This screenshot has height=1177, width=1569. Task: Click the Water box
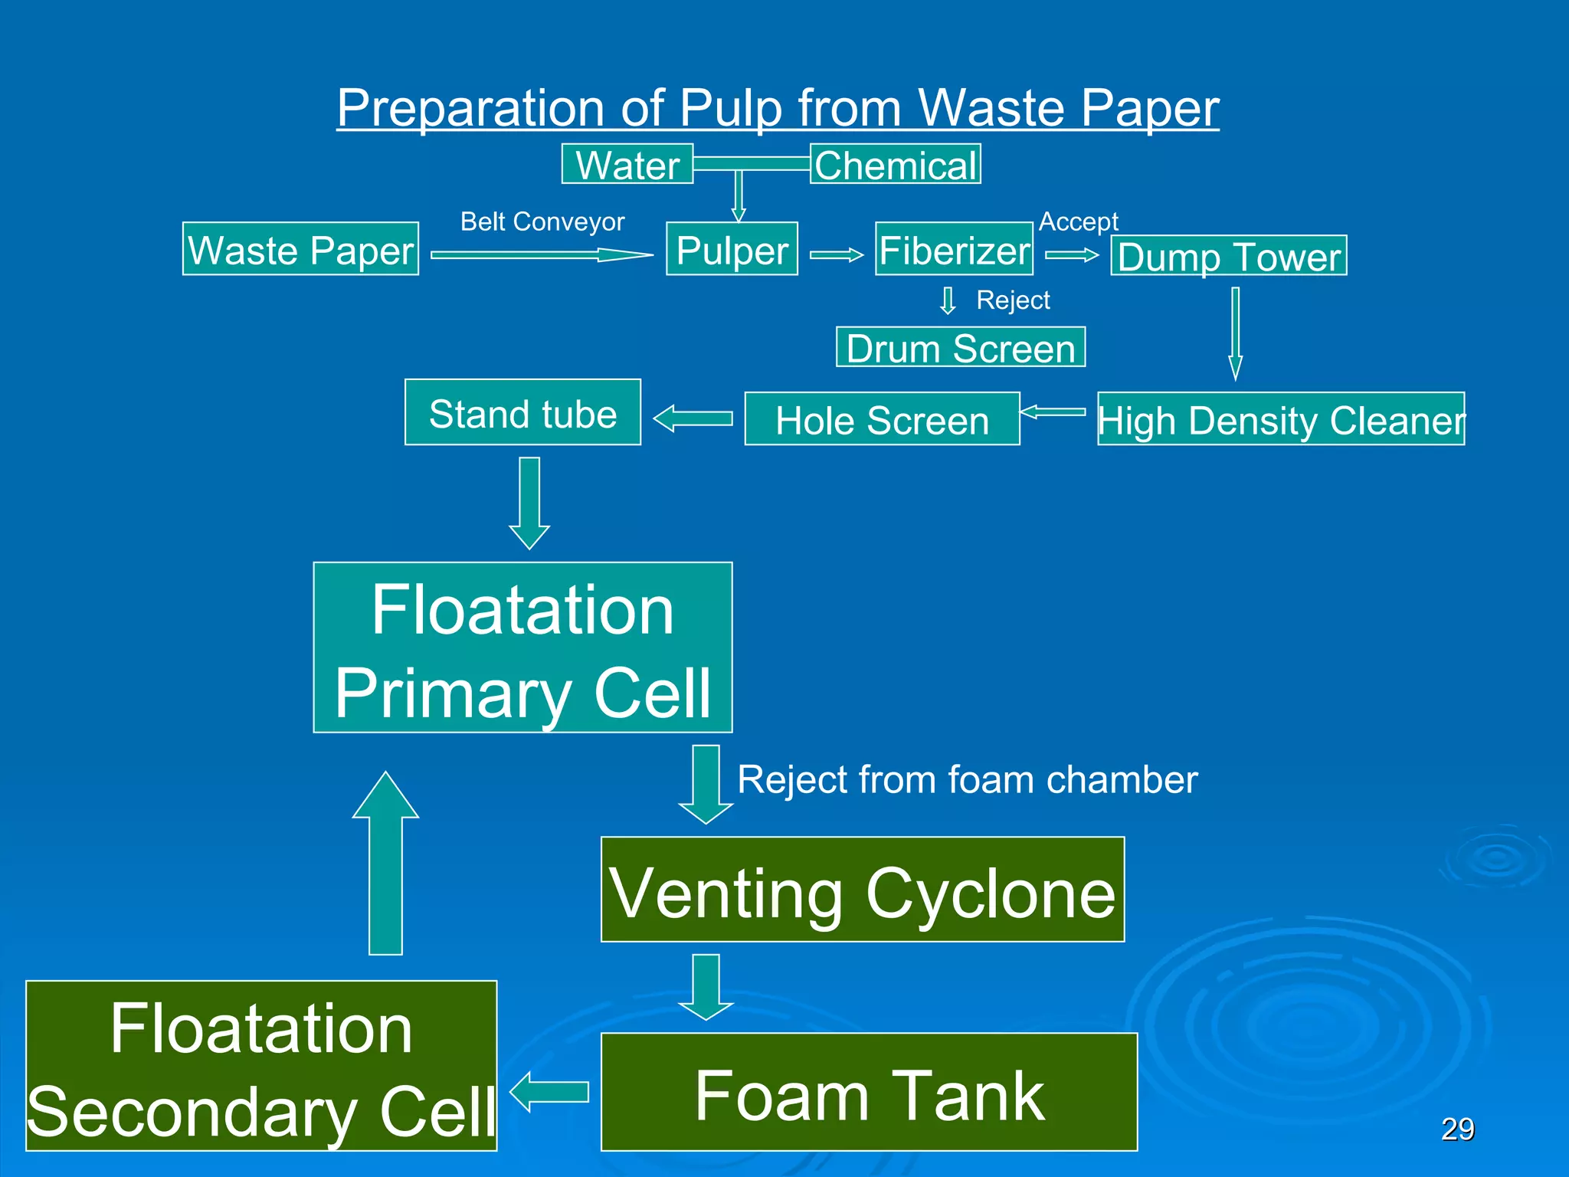pos(627,164)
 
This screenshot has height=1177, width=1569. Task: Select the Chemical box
pos(895,164)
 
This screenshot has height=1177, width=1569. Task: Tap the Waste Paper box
pos(300,249)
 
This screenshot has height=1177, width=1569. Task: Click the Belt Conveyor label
pos(542,221)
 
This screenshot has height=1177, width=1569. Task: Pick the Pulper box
pos(732,249)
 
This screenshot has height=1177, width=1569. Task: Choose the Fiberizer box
pos(954,249)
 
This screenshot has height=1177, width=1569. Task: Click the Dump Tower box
pos(1228,255)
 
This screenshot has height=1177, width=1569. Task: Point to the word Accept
pos(1078,221)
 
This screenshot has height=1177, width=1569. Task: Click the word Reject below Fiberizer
pos(1013,300)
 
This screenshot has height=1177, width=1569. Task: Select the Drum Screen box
pos(961,347)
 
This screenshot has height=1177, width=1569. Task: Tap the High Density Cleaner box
pos(1281,419)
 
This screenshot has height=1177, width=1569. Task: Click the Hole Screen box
pos(882,419)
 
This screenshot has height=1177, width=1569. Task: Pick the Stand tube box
pos(522,413)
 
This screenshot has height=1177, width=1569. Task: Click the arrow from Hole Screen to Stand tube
pos(693,418)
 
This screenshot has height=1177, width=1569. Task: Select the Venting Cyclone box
pos(863,890)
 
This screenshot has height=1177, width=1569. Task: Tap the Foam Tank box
pos(869,1092)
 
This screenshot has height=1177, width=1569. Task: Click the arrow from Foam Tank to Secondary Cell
pos(549,1092)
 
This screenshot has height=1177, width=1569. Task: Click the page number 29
pos(1457,1129)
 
